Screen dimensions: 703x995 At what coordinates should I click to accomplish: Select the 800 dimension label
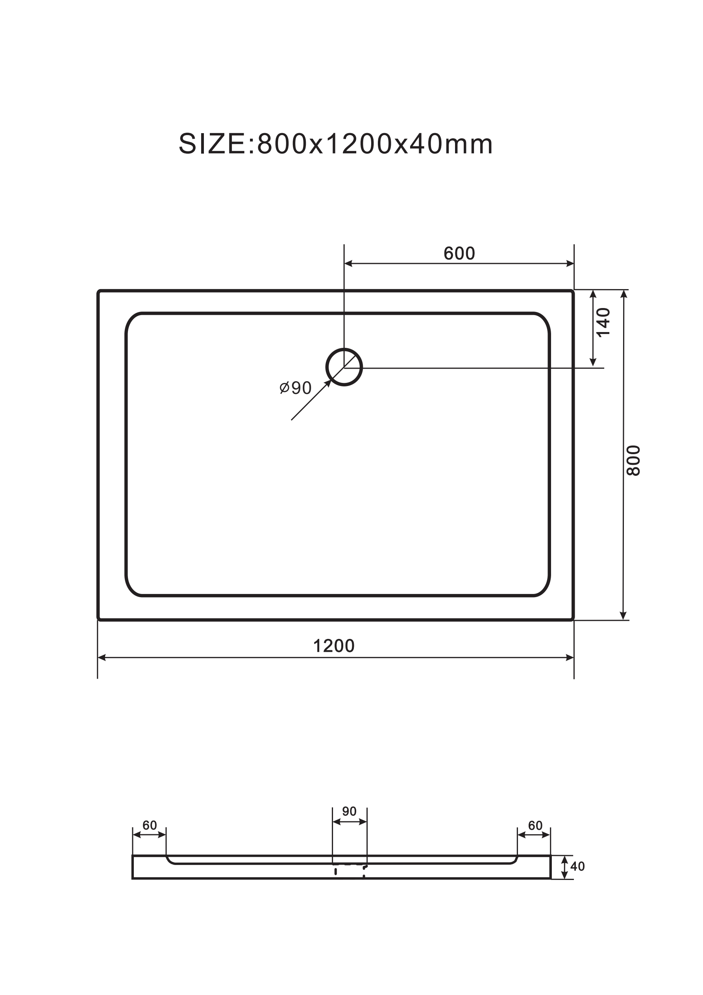point(633,460)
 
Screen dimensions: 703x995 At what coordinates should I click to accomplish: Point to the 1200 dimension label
point(333,646)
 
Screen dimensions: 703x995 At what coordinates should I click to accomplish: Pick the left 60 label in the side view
point(150,825)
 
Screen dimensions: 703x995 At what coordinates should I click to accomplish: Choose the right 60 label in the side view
point(535,825)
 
